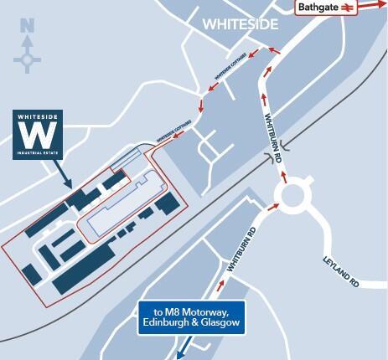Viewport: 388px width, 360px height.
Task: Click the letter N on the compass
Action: [27, 26]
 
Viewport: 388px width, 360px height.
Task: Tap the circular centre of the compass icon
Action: [28, 59]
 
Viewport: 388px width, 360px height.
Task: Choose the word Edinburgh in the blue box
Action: [168, 324]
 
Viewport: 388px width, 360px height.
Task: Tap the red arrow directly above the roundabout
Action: [285, 176]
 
